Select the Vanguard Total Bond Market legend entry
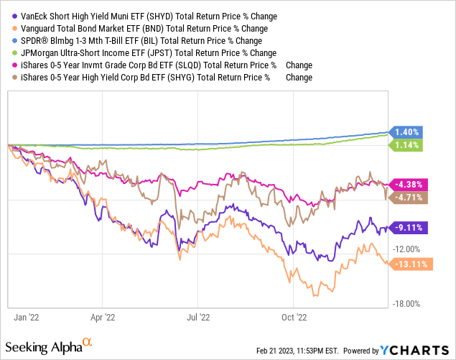(x=144, y=28)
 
